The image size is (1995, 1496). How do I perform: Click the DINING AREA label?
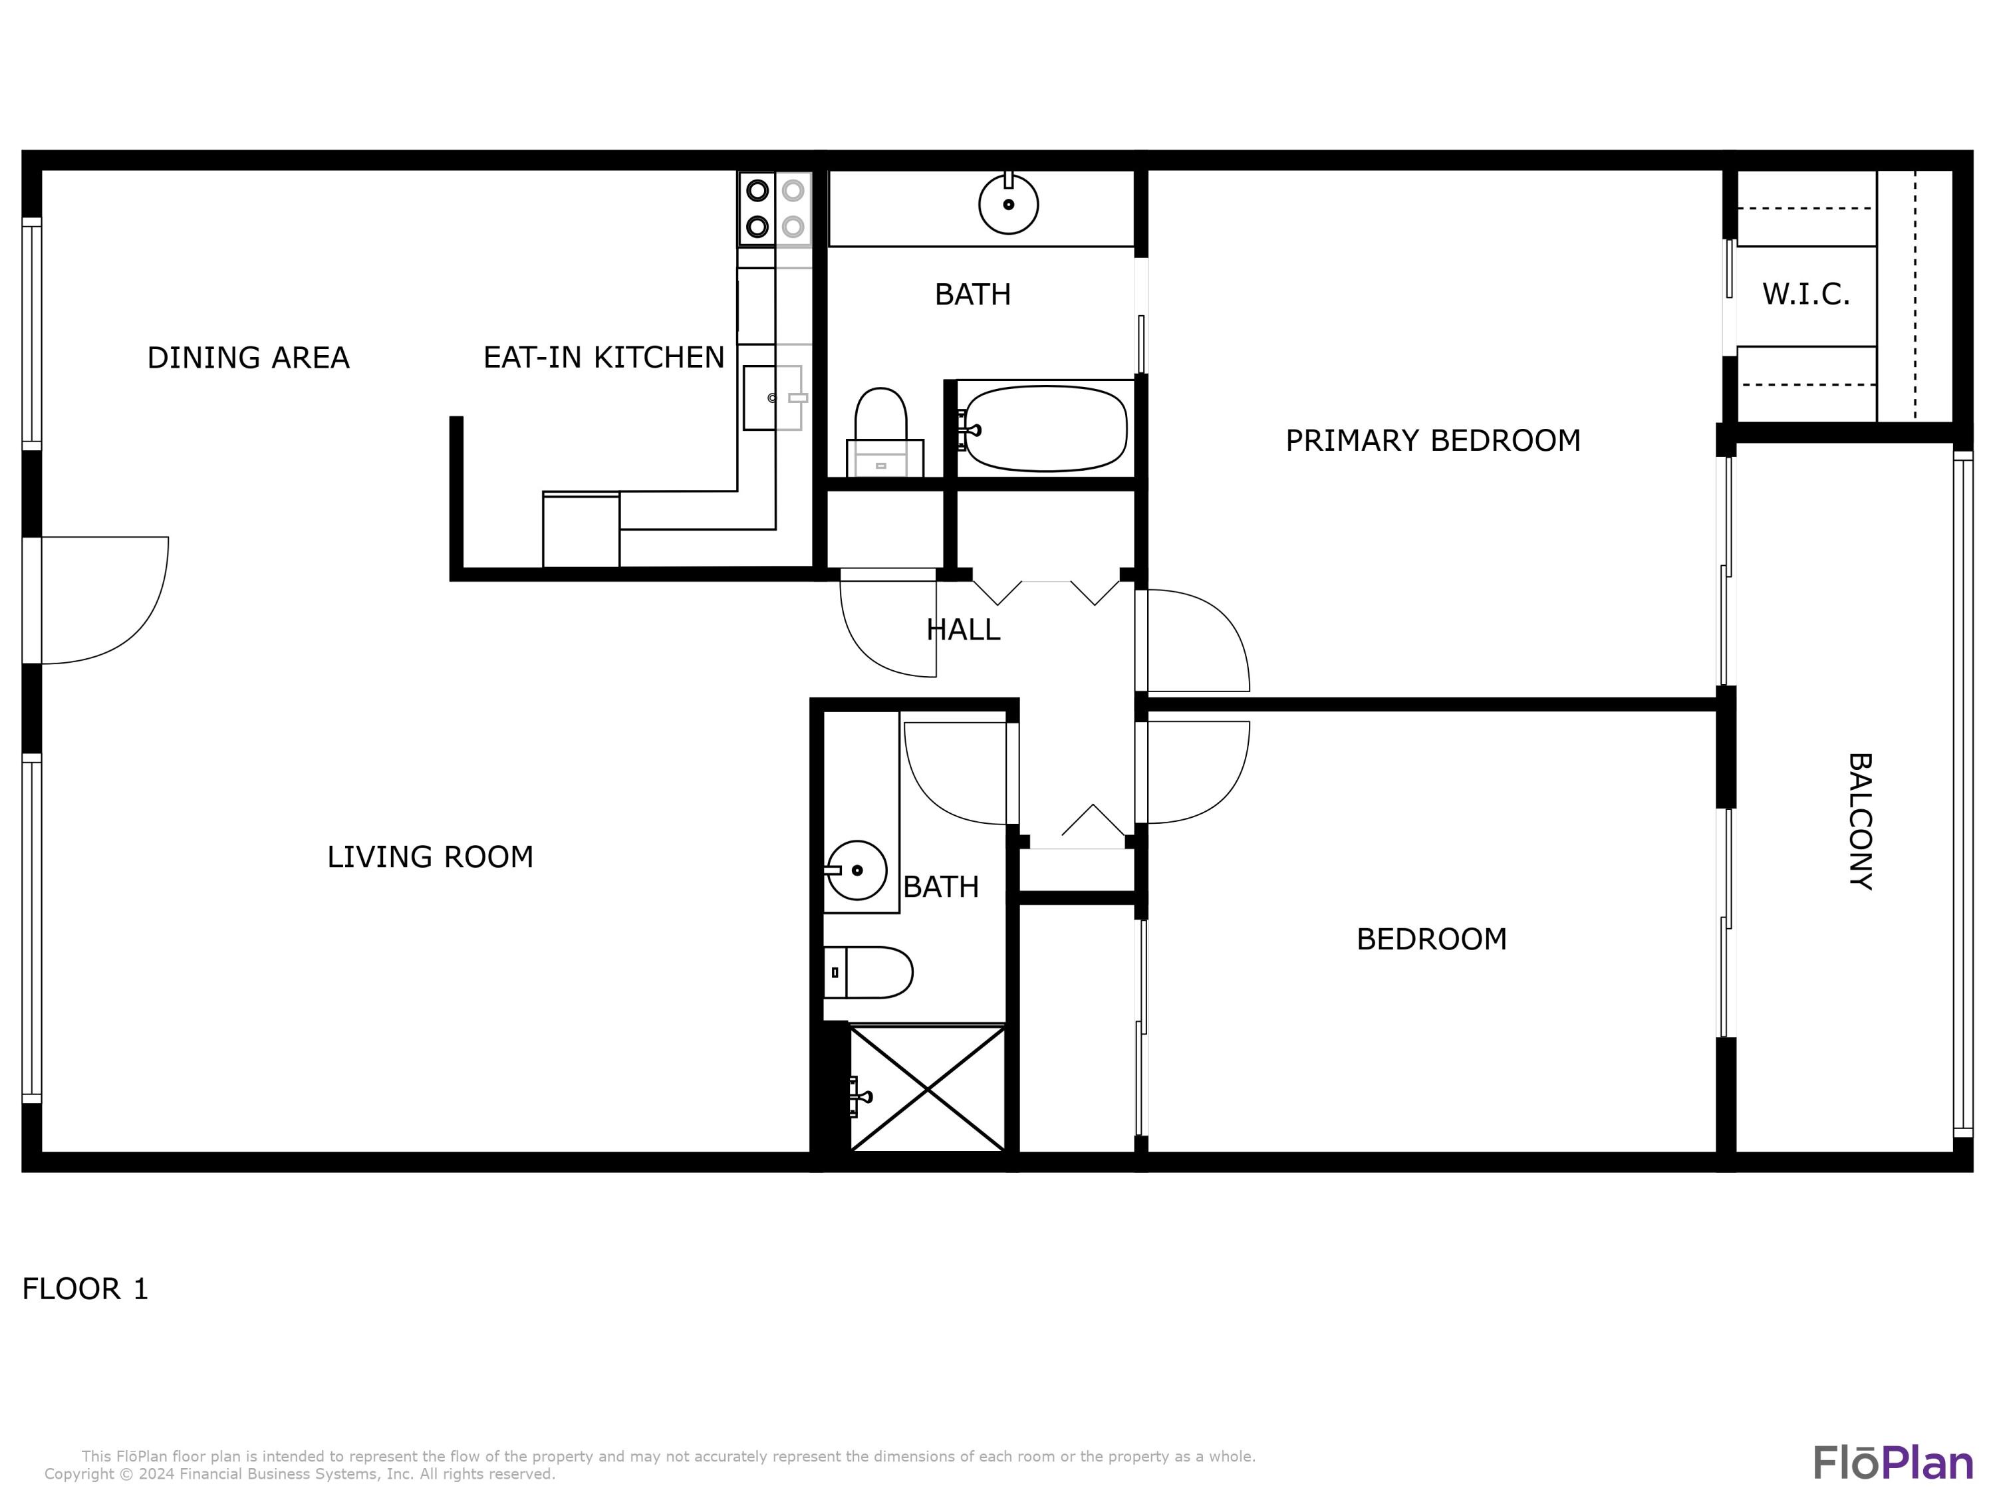click(x=248, y=358)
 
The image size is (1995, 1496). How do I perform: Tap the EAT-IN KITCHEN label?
click(x=603, y=358)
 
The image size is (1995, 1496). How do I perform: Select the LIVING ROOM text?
click(x=430, y=856)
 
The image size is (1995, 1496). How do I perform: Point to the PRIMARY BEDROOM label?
click(x=1433, y=441)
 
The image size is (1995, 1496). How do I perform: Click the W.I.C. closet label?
click(x=1805, y=295)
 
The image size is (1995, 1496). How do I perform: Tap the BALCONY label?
click(x=1860, y=822)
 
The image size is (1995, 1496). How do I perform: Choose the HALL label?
click(x=963, y=630)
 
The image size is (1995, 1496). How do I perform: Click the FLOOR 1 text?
click(x=84, y=1289)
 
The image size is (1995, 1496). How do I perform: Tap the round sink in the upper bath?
click(x=1008, y=204)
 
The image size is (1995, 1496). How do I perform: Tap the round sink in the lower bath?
click(x=856, y=870)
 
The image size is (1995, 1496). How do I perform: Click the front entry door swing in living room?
click(x=104, y=600)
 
